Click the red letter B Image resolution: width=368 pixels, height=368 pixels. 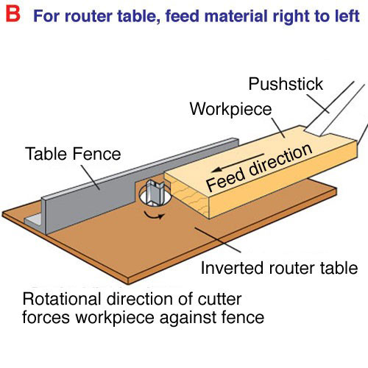click(x=13, y=14)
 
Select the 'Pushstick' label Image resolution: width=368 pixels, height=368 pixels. click(x=286, y=84)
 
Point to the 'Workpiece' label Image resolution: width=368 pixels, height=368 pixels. click(x=230, y=109)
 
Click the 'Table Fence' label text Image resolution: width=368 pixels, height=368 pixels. click(x=73, y=154)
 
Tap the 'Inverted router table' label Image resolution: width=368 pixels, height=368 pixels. click(x=279, y=268)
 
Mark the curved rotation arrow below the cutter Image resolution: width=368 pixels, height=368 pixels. click(x=154, y=216)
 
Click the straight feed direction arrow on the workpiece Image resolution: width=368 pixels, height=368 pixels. click(x=238, y=163)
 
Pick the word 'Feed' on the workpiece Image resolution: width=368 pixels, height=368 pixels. click(x=225, y=179)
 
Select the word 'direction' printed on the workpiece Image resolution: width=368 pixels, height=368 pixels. click(x=280, y=160)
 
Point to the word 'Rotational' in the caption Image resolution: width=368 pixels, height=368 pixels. click(x=62, y=299)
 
